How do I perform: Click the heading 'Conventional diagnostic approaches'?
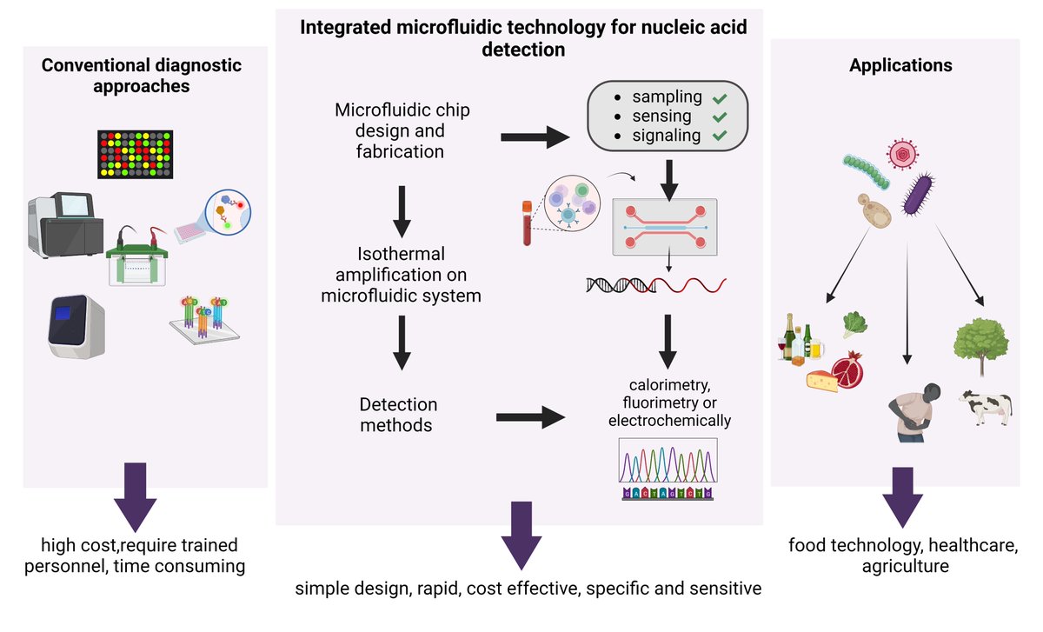142,77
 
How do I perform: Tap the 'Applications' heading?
900,65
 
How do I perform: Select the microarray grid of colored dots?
135,153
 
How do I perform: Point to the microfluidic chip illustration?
667,226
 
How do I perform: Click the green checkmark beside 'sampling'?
719,96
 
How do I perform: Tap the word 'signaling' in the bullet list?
666,136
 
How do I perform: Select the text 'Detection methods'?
398,416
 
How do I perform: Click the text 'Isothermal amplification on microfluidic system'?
401,275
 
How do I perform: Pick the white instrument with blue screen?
76,325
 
